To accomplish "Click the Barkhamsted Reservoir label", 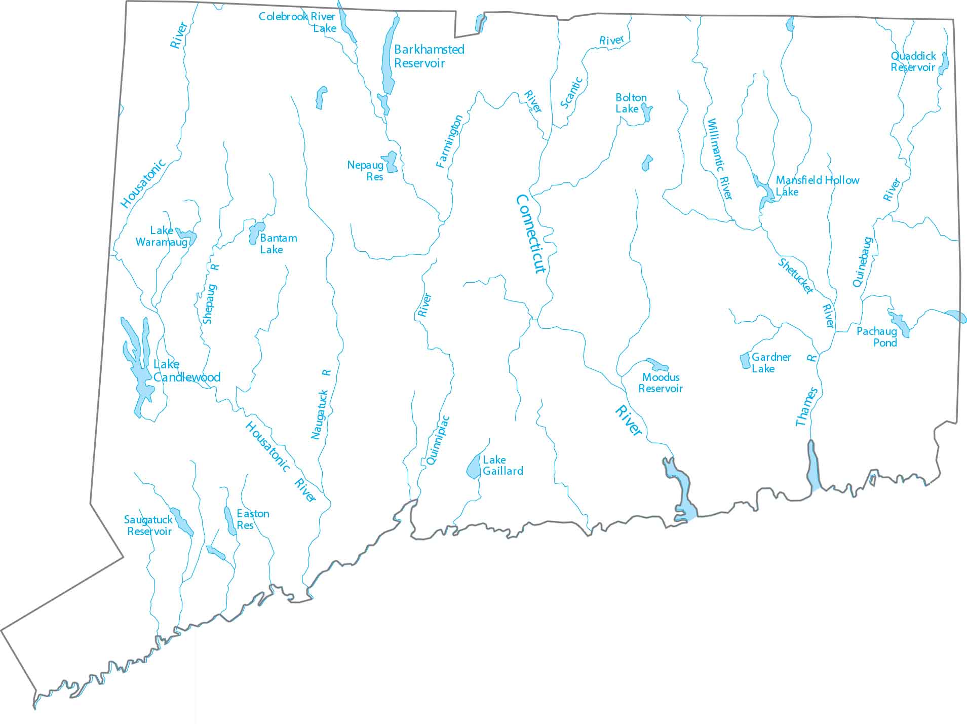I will pos(429,56).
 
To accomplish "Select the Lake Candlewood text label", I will pos(186,371).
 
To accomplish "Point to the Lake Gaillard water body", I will pos(474,467).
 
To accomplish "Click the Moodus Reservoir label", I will pos(660,383).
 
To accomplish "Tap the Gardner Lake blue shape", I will pos(745,361).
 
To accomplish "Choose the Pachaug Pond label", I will pos(877,337).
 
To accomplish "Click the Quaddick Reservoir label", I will pos(913,62).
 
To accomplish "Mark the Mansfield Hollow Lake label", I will pos(817,185).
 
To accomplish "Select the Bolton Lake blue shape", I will pos(646,111).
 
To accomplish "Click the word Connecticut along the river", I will pos(531,234).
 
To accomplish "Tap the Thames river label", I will pos(806,406).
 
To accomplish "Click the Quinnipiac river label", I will pos(438,440).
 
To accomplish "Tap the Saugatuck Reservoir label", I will pos(148,525).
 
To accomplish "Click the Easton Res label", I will pos(252,519).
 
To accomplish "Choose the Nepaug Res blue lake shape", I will pos(391,162).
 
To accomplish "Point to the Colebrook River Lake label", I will pos(297,22).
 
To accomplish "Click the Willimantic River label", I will pos(719,159).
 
